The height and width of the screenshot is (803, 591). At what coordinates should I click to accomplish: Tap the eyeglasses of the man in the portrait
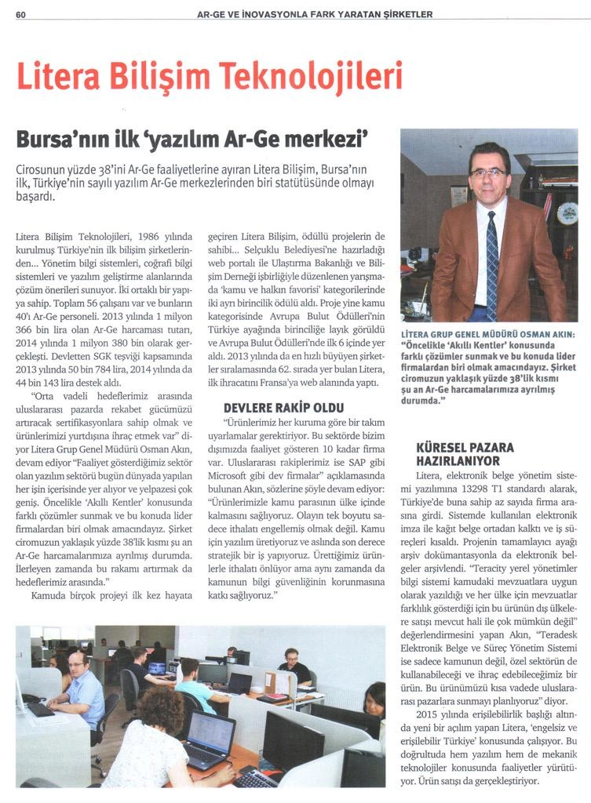pos(488,173)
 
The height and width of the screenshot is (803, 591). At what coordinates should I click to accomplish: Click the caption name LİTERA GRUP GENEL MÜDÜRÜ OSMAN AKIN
pos(487,333)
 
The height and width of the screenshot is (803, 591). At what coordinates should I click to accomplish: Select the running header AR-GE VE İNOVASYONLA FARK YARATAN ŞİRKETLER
pos(314,14)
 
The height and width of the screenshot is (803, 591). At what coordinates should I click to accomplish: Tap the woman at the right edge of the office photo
pos(375,700)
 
